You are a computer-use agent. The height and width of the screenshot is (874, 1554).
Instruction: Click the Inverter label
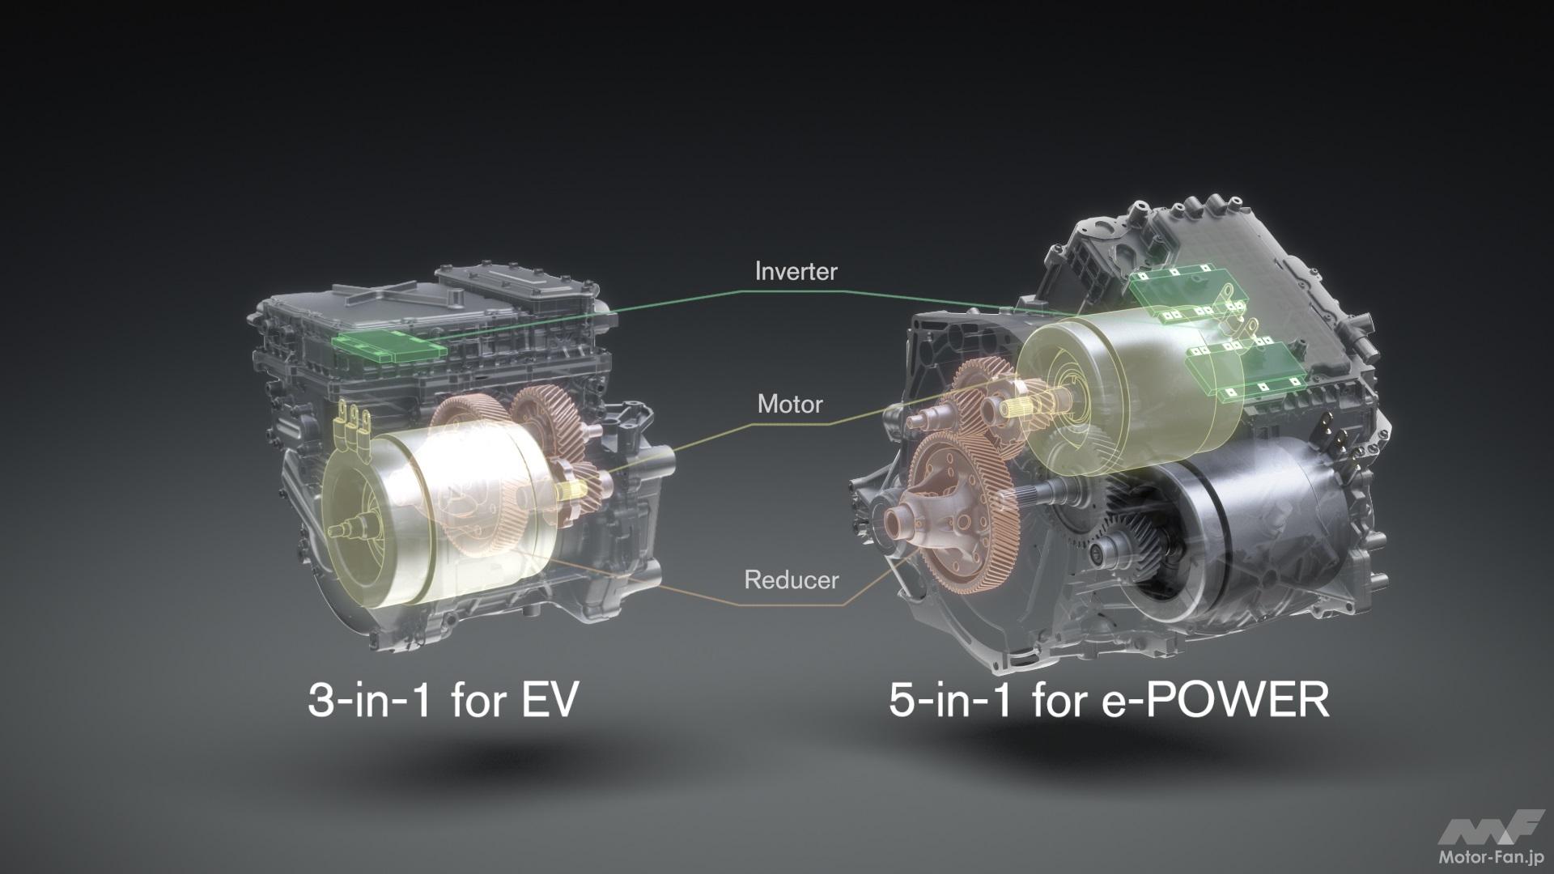click(x=796, y=272)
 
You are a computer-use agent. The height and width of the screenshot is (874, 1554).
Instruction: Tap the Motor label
click(x=790, y=404)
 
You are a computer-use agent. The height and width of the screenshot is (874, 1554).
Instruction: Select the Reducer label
click(x=791, y=580)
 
